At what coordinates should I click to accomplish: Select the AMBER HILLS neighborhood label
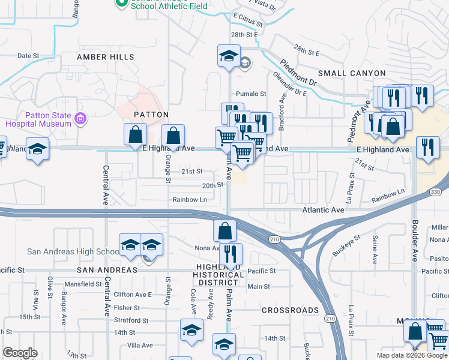[x=106, y=57]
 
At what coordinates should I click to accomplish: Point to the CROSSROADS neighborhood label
[x=291, y=310]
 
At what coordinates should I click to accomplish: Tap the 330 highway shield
[x=436, y=192]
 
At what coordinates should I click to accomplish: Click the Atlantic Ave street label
[x=324, y=210]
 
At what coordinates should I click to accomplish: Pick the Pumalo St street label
[x=251, y=94]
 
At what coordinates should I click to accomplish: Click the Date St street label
[x=28, y=55]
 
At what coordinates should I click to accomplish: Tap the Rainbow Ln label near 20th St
[x=190, y=199]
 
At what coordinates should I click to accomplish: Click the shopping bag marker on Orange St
[x=173, y=136]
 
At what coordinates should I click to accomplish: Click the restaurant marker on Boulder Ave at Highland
[x=428, y=148]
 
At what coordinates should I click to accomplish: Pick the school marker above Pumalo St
[x=229, y=56]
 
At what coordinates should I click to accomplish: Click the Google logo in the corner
[x=20, y=353]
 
